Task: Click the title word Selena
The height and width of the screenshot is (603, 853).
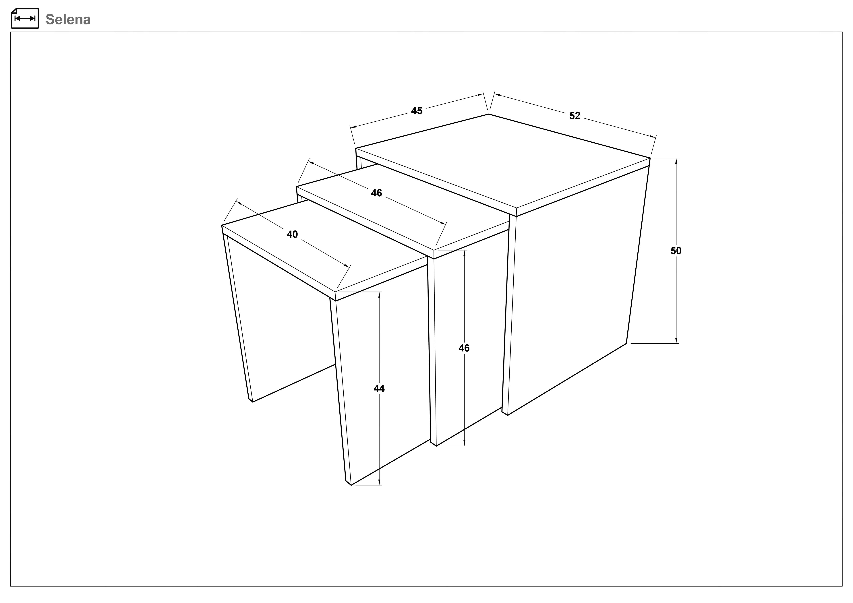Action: click(68, 19)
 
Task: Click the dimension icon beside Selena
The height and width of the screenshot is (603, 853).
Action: click(25, 18)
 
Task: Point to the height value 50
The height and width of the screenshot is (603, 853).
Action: click(676, 251)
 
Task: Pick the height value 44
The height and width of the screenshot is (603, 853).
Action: click(379, 389)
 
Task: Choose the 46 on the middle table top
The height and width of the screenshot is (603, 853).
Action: click(376, 193)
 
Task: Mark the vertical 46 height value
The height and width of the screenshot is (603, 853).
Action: click(464, 348)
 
